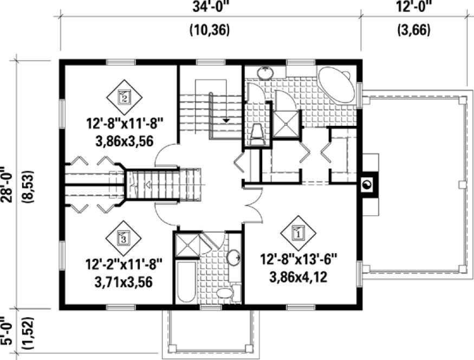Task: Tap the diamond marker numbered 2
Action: tap(124, 98)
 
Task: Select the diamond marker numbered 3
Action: tap(124, 237)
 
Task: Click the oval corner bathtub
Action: tap(336, 85)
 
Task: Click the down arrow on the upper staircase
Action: tap(226, 120)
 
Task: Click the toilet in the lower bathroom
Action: tap(225, 293)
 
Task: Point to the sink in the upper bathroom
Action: tap(265, 72)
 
